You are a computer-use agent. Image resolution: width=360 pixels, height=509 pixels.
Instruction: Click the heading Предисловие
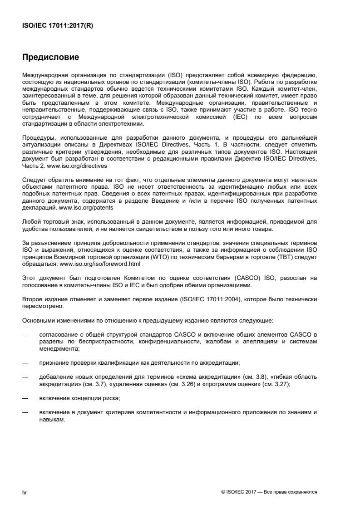(x=50, y=57)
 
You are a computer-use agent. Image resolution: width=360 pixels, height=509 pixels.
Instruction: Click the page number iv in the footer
(x=24, y=492)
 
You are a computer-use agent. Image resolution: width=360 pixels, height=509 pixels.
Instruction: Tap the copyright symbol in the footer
(x=223, y=492)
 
